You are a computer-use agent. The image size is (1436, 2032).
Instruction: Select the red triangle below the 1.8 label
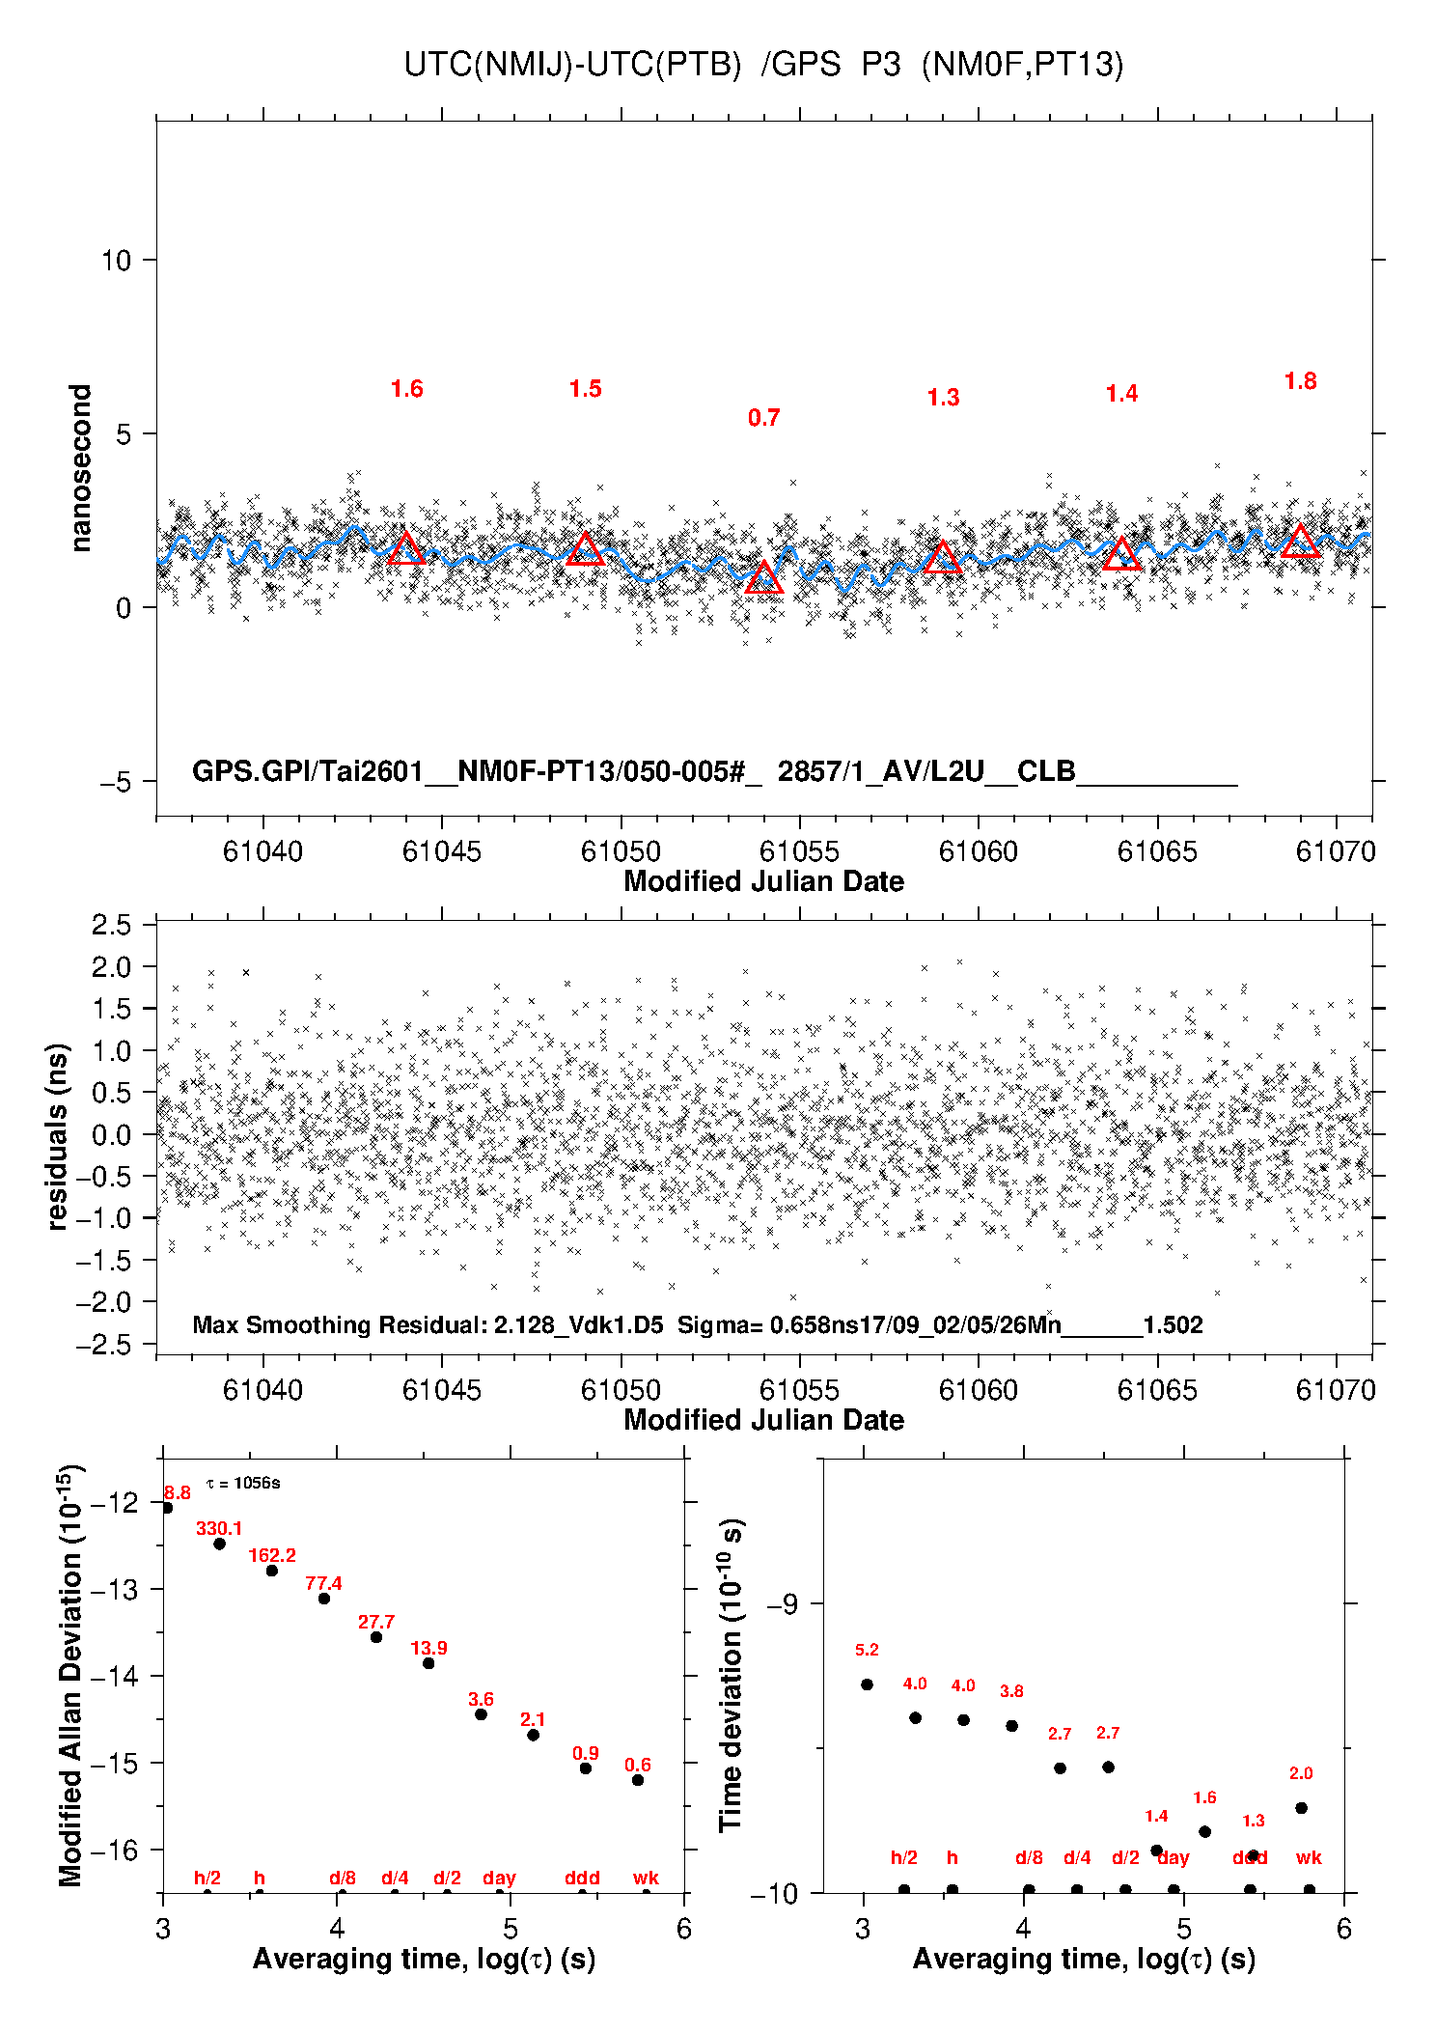pos(1300,543)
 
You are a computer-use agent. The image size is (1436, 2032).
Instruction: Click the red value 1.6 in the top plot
pos(406,389)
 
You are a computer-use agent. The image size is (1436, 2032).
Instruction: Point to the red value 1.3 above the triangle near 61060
pos(943,398)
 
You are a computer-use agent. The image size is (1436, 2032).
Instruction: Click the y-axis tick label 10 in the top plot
pos(116,261)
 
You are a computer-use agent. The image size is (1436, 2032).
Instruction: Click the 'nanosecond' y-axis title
pos(80,468)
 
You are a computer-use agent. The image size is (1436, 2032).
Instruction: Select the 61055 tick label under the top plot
pos(799,851)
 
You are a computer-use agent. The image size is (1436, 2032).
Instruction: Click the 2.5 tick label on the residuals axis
pos(111,925)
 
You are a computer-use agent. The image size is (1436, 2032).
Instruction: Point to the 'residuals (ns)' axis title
pos(58,1136)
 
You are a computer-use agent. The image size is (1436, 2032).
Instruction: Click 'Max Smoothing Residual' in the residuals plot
pos(338,1324)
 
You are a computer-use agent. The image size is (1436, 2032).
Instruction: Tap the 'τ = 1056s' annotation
pos(243,1483)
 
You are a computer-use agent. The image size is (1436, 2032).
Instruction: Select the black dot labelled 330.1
pos(219,1544)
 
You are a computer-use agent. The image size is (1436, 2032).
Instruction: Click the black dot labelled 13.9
pos(428,1663)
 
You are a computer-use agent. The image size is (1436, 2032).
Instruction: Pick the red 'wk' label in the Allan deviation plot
pos(646,1878)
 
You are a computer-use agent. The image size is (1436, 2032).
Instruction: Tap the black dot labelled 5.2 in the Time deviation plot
pos(867,1684)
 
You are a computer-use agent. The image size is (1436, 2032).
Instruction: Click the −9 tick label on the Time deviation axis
pos(783,1604)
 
